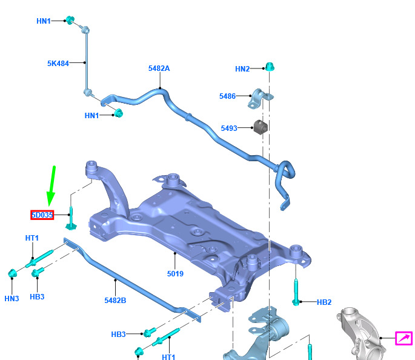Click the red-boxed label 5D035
(x=42, y=215)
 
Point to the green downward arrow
(x=51, y=186)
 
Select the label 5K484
(x=58, y=64)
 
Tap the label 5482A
(x=159, y=68)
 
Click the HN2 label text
(x=242, y=69)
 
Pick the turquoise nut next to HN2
(x=270, y=67)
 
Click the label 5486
(x=227, y=96)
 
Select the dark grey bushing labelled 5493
(x=261, y=127)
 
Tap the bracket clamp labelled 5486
(x=260, y=99)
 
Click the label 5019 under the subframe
(x=175, y=274)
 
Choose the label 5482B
(x=115, y=301)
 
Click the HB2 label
(x=324, y=302)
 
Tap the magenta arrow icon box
(x=404, y=338)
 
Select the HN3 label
(x=12, y=299)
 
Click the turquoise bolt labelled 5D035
(x=71, y=219)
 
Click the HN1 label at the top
(x=44, y=21)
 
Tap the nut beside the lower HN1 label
(x=119, y=113)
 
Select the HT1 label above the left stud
(x=32, y=238)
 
